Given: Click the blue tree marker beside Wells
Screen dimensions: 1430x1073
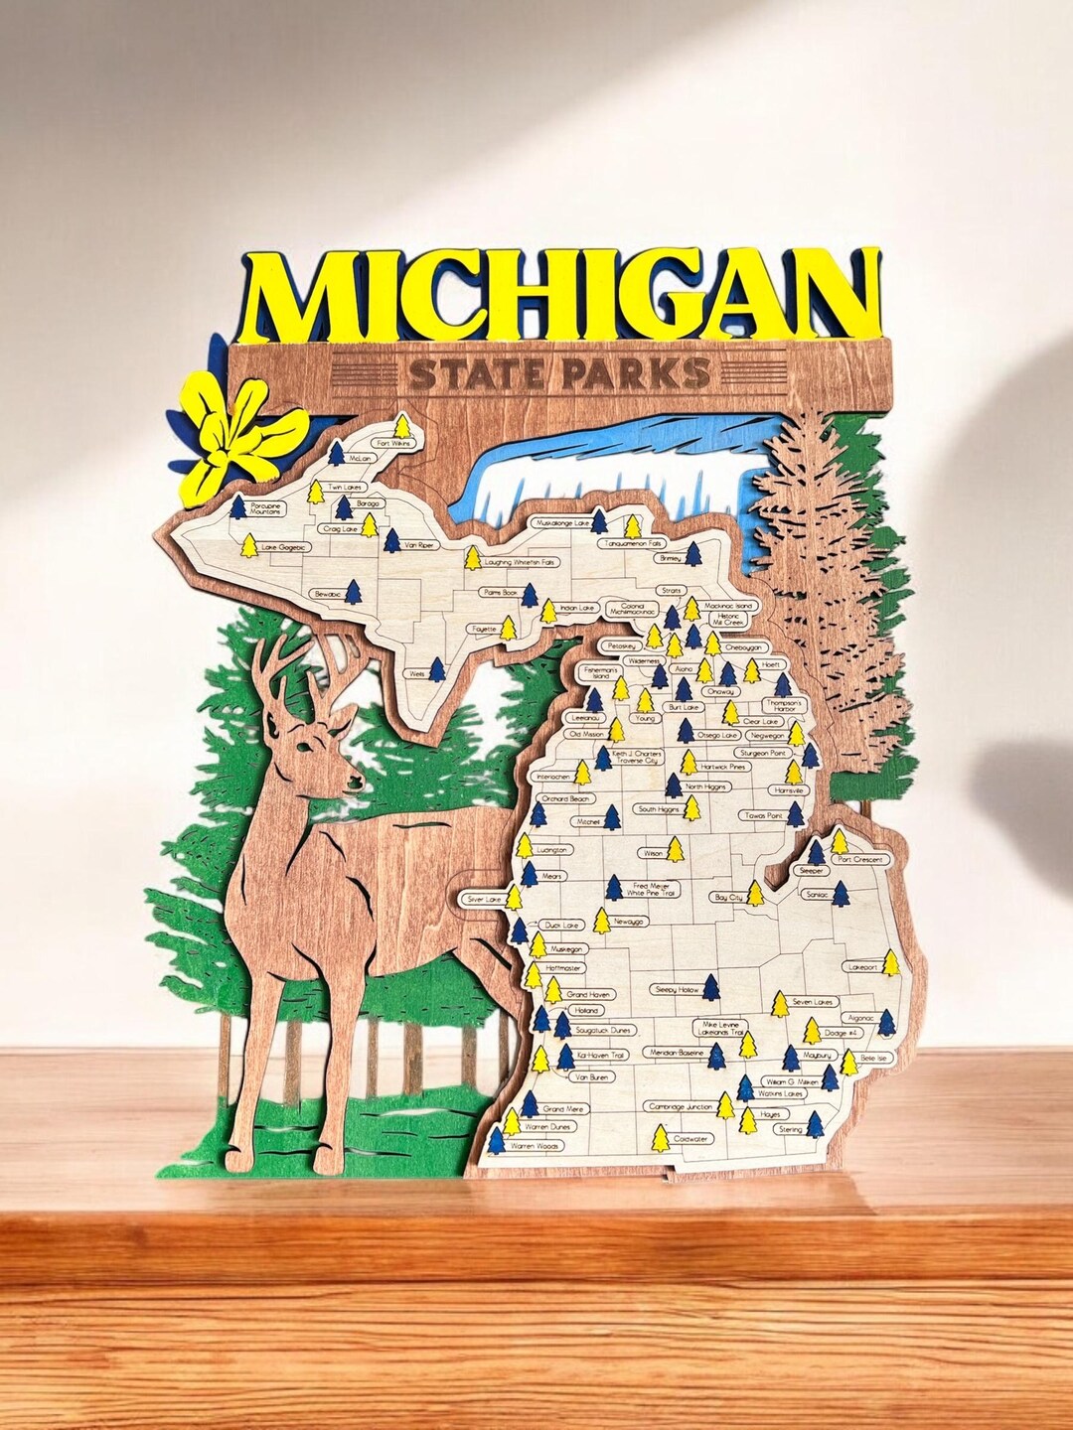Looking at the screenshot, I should pos(436,669).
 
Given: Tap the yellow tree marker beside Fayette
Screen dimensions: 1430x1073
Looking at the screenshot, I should pos(508,628).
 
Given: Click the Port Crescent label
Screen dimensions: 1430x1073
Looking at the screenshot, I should pos(860,859).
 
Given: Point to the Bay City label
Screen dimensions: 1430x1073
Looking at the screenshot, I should pos(727,897).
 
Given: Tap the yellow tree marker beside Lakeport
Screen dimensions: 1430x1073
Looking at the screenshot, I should pos(891,963).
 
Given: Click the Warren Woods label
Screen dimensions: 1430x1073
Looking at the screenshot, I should pos(535,1146).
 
